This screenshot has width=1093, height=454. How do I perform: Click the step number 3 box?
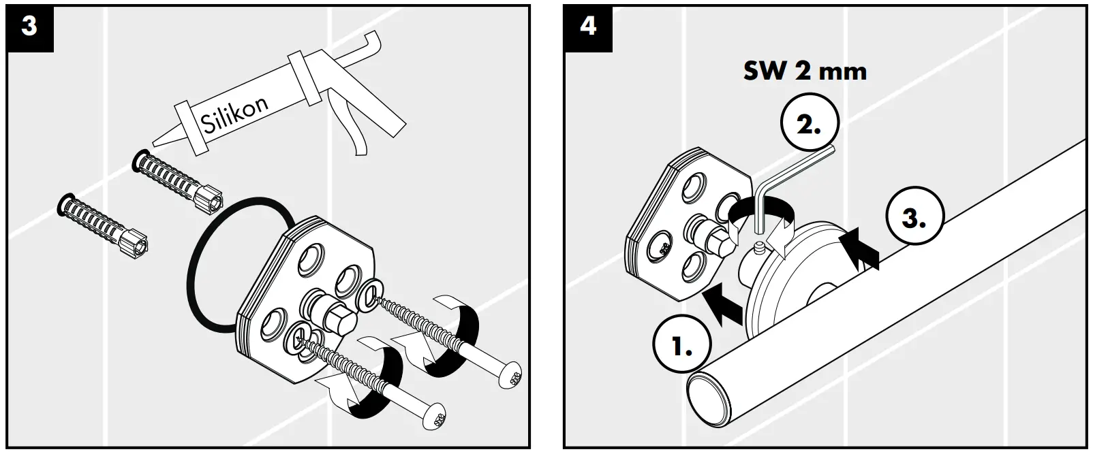point(29,28)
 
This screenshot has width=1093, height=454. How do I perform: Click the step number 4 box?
point(587,28)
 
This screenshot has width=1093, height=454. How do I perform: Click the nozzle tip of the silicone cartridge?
point(155,142)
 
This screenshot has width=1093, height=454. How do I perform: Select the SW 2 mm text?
point(804,71)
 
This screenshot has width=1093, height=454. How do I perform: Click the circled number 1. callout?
point(682,347)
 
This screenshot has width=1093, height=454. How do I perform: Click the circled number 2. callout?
point(809,125)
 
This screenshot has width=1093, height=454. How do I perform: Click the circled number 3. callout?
point(914,218)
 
